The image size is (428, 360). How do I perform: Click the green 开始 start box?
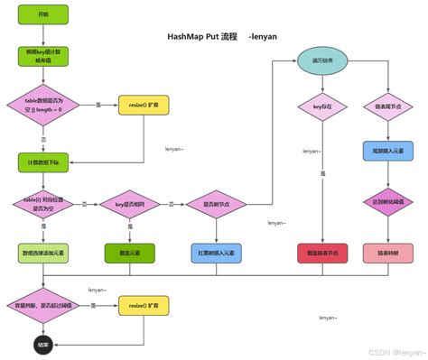(x=42, y=14)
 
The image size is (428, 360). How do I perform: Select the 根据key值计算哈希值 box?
(x=42, y=58)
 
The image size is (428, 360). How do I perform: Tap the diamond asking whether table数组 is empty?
(x=42, y=106)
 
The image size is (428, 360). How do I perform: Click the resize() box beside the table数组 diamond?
(x=144, y=106)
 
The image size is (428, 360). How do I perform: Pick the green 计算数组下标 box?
(x=42, y=162)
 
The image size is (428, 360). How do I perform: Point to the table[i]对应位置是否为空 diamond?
(x=42, y=206)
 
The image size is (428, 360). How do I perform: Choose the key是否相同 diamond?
(x=130, y=206)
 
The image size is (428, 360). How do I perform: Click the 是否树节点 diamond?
(x=217, y=206)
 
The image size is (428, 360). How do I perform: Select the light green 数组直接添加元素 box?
(x=42, y=254)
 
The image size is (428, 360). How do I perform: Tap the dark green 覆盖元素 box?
(x=130, y=254)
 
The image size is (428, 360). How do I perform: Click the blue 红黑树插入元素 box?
(x=217, y=254)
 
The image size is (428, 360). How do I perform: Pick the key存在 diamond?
(x=322, y=106)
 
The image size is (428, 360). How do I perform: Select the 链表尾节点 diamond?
(x=388, y=106)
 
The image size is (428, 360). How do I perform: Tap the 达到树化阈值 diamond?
(x=388, y=202)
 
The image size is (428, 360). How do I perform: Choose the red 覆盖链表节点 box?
(x=322, y=254)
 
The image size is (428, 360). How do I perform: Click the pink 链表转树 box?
(x=388, y=254)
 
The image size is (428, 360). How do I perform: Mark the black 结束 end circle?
(x=42, y=345)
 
